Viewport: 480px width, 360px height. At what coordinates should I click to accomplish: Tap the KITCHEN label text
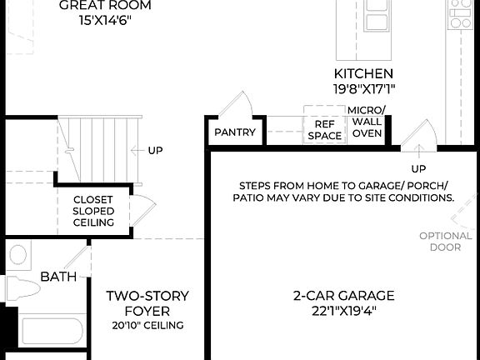(x=363, y=74)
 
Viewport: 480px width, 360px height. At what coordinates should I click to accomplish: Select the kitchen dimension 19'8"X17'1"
(x=363, y=87)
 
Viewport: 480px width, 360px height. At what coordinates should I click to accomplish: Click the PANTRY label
(x=234, y=132)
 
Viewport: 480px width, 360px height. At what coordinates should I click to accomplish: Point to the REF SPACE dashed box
(x=324, y=125)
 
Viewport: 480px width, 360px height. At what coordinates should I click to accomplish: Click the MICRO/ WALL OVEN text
(x=365, y=122)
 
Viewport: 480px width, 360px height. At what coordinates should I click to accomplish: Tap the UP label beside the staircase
(x=155, y=151)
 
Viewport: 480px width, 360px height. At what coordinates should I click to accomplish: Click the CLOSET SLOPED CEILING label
(x=93, y=212)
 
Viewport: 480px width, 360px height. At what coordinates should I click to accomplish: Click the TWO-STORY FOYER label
(x=147, y=303)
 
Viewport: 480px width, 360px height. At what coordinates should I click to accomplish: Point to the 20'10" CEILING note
(x=147, y=325)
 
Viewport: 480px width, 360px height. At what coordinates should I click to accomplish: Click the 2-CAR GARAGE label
(x=343, y=296)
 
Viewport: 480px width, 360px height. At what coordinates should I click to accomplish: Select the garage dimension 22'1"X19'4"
(x=343, y=311)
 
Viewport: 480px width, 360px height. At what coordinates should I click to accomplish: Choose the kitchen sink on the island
(x=376, y=21)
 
